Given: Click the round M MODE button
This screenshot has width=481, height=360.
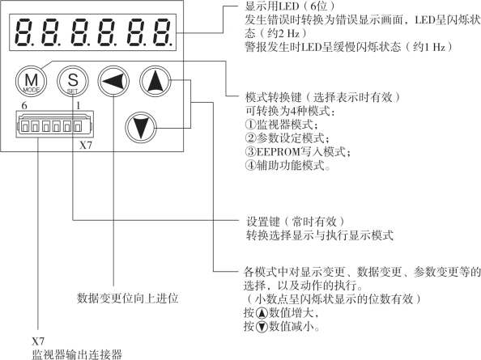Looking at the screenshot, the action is point(31,81).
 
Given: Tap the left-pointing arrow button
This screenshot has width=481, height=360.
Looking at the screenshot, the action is point(113,81).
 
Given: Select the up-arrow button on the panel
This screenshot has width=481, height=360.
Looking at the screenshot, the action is point(155,81).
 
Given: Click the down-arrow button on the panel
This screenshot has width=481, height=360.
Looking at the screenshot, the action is point(141,127).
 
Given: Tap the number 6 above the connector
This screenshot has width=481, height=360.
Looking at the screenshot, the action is point(24,106).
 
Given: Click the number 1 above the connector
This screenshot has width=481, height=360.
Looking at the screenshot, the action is point(79,106).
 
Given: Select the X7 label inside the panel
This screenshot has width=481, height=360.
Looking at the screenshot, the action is point(86,146).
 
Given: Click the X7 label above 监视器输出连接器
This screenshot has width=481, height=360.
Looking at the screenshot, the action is point(38,341).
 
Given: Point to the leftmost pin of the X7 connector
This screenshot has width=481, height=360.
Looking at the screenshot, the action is point(24,125).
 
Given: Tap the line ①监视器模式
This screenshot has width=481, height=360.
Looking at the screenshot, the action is point(281,125).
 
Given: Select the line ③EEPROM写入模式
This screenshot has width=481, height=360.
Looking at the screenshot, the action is point(297,151).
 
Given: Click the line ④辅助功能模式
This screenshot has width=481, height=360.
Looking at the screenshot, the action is point(287,166).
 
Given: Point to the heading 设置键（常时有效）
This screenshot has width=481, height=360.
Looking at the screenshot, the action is point(296,222).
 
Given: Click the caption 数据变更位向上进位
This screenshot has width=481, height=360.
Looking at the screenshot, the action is point(127,298).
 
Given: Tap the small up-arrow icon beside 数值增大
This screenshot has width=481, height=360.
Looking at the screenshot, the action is point(262,313).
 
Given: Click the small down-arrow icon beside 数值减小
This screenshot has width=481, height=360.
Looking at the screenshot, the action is point(262,327).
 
